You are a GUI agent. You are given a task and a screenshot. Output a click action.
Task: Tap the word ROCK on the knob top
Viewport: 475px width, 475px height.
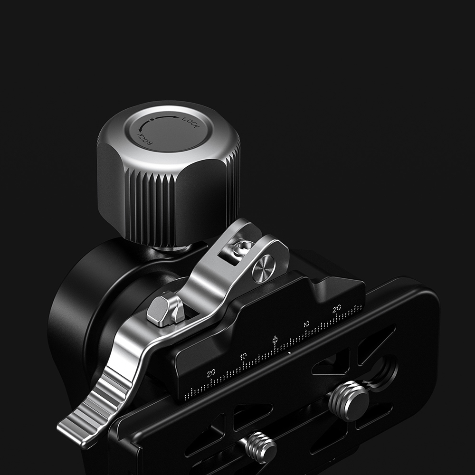[x=144, y=138]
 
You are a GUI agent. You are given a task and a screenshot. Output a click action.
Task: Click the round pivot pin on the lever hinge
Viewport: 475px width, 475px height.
[x=264, y=269]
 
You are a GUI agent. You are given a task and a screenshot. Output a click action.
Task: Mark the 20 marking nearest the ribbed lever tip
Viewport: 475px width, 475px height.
[x=211, y=373]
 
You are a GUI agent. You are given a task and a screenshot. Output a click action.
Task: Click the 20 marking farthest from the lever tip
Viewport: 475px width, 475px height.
[x=337, y=308]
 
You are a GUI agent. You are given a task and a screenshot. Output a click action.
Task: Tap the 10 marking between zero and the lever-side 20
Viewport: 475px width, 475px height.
[x=243, y=356]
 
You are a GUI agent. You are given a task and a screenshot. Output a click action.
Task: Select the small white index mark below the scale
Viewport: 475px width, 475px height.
[x=289, y=353]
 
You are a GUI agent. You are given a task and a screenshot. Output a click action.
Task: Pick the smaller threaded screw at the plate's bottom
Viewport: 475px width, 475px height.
[x=261, y=446]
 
